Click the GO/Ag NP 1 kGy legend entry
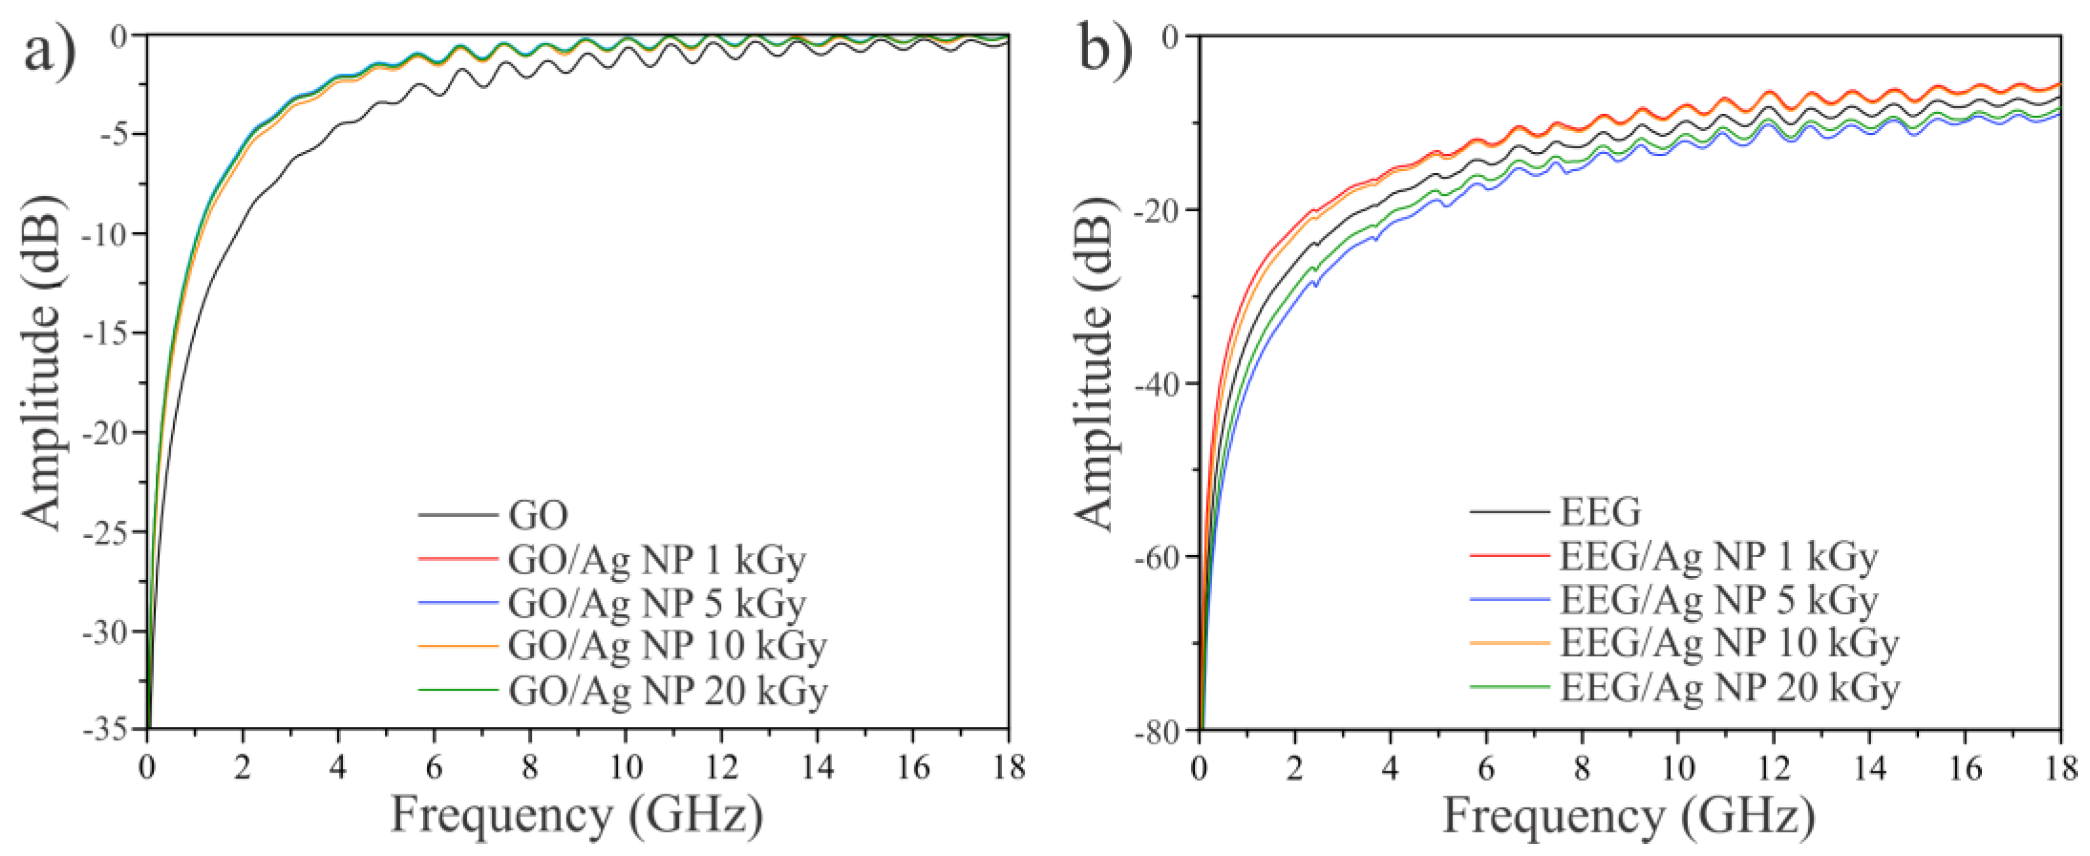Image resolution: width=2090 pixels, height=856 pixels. [x=657, y=559]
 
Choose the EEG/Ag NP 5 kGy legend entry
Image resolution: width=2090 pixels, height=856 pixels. [x=1718, y=600]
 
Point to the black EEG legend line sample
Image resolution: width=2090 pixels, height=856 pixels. [x=1508, y=512]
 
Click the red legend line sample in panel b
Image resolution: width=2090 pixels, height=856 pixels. [x=1508, y=556]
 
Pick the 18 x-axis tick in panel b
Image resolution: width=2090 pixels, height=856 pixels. [x=2060, y=768]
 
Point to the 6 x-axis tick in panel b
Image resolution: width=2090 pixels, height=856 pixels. [x=1486, y=768]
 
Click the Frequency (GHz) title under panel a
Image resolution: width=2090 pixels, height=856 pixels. [x=577, y=815]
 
